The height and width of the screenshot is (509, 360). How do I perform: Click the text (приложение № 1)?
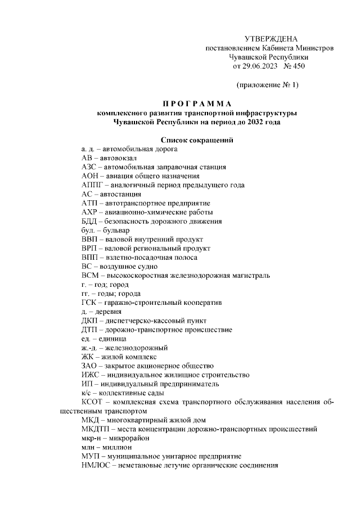[267, 85]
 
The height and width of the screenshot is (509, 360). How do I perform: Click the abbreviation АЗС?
[89, 167]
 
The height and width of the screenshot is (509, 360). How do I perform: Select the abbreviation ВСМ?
[90, 275]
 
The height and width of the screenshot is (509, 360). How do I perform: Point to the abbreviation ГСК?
[89, 302]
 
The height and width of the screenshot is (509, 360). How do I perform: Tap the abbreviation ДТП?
[90, 329]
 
